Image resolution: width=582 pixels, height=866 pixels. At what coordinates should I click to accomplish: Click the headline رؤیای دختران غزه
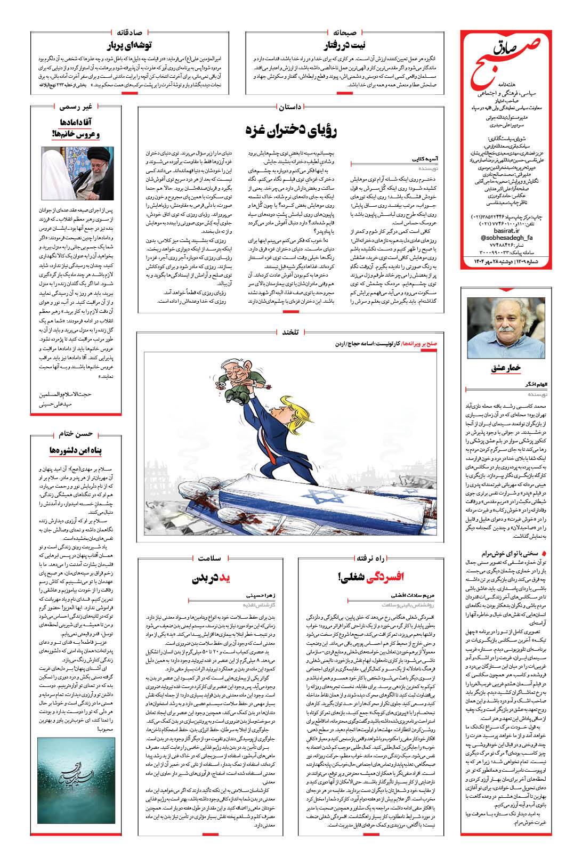[x=291, y=131]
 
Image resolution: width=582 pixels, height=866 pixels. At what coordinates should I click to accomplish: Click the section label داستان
[x=290, y=107]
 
